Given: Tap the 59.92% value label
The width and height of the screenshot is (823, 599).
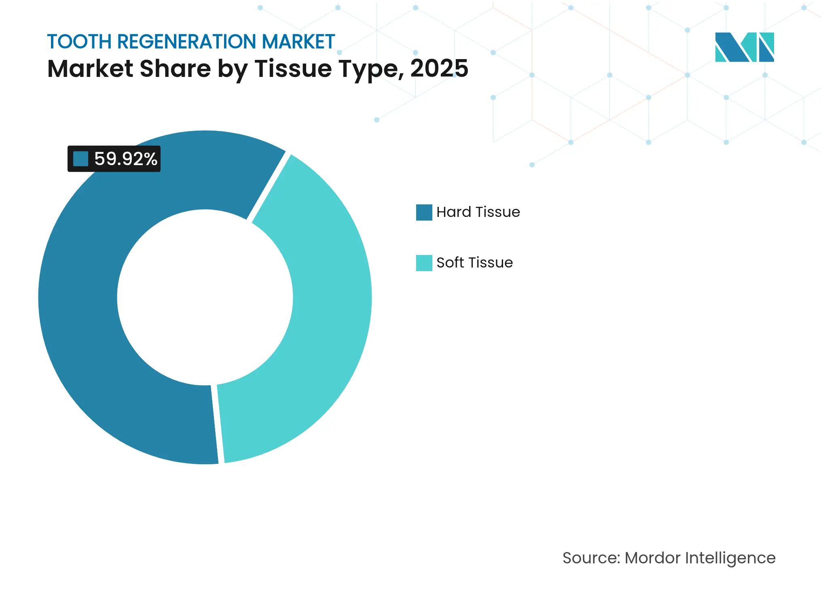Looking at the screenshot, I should tap(125, 159).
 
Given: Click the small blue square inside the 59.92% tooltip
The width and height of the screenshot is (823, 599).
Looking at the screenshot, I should tap(80, 159).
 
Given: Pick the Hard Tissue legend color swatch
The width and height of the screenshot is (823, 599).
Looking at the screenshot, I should tap(424, 212).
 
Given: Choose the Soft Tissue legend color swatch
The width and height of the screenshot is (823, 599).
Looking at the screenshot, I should tap(424, 263).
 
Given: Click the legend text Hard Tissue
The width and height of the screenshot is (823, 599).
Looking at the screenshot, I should tap(478, 212).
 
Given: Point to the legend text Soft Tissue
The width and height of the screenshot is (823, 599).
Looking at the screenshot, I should tap(474, 263).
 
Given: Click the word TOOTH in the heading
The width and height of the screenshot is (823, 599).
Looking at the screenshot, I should tap(79, 42).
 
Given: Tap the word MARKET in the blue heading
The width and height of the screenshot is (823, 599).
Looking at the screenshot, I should tap(298, 42).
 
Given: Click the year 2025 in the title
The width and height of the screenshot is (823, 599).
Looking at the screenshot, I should tap(439, 68).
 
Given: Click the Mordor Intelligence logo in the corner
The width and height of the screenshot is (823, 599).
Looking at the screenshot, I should tap(744, 47).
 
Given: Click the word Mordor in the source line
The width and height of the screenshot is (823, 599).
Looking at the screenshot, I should tap(652, 558).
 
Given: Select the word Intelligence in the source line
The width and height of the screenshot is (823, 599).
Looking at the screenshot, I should tap(730, 558).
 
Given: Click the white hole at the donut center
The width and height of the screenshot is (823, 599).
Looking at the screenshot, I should tap(205, 297).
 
